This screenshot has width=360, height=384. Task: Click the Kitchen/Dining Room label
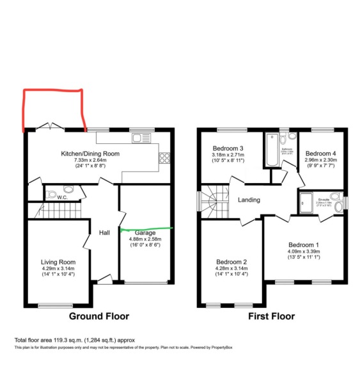(x=90, y=154)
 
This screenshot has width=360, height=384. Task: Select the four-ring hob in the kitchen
(x=163, y=157)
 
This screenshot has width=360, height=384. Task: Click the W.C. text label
(x=62, y=197)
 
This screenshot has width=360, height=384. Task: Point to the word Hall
(x=105, y=232)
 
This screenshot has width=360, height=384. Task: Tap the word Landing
(x=249, y=200)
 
